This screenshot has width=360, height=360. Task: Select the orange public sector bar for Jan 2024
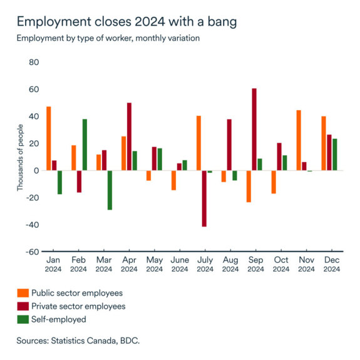point(49,138)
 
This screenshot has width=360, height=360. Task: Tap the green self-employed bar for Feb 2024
point(85,145)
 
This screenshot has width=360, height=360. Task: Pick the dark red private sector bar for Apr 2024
point(129,136)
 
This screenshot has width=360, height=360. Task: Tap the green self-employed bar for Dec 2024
point(335,155)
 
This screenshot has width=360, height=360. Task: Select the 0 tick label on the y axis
point(36,170)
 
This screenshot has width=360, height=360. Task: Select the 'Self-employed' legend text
point(59,319)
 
